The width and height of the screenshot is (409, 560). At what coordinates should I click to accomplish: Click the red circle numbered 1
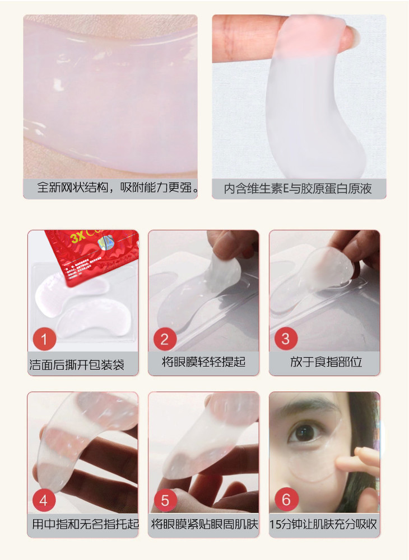(x=44, y=339)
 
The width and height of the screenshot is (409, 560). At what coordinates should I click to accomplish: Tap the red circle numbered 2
(x=165, y=339)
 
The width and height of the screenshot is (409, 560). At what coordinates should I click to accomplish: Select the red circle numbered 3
(x=286, y=339)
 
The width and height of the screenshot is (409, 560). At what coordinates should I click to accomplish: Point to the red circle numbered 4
(x=44, y=500)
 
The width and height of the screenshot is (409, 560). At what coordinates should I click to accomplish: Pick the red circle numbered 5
(x=165, y=500)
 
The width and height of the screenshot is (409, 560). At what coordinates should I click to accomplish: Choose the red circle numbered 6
(x=286, y=500)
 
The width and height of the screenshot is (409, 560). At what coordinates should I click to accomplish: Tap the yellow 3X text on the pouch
(x=77, y=238)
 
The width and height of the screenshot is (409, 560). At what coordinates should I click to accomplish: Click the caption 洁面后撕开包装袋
(x=77, y=365)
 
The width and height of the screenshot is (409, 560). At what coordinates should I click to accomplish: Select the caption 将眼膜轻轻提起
(x=203, y=362)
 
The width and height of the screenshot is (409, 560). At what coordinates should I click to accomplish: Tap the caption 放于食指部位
(x=326, y=362)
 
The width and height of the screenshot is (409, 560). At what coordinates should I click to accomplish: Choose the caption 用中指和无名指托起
(x=85, y=524)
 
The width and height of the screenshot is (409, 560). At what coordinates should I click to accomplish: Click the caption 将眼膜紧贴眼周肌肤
(x=204, y=524)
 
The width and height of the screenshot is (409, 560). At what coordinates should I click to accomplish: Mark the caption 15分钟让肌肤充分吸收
(x=323, y=524)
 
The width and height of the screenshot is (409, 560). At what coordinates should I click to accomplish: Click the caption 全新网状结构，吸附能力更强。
(x=118, y=187)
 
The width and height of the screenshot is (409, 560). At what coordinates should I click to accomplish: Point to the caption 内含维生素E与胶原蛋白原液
(x=298, y=189)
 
